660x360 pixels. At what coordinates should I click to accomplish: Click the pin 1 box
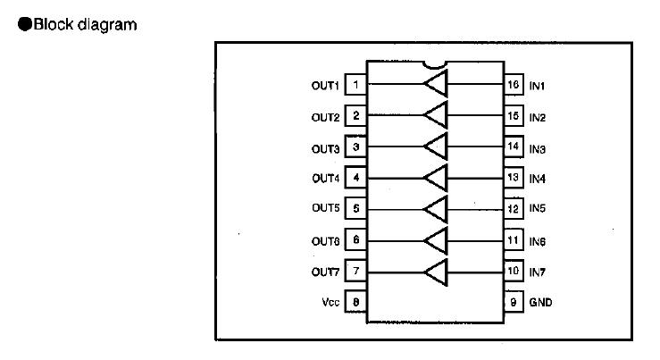tap(355, 86)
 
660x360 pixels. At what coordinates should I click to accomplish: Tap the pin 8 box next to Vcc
tap(355, 303)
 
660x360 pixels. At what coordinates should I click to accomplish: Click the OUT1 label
tap(326, 86)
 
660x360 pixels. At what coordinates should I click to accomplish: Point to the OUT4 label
tap(326, 179)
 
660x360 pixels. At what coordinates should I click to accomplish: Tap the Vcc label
tap(330, 303)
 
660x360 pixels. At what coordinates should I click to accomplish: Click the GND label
tap(540, 303)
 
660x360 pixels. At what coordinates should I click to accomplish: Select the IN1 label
tap(538, 86)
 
